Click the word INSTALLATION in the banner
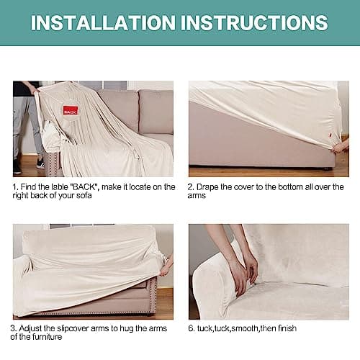(x=103, y=23)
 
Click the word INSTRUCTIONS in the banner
(x=254, y=23)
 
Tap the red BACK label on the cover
(x=71, y=110)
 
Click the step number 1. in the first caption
(x=16, y=187)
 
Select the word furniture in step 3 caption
(x=47, y=337)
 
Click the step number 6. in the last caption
(x=192, y=328)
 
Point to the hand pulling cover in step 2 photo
(x=341, y=146)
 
